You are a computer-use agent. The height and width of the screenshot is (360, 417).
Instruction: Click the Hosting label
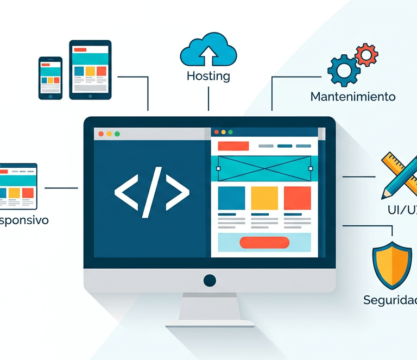click(x=208, y=76)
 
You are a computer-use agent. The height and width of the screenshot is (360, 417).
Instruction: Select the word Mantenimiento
click(x=353, y=97)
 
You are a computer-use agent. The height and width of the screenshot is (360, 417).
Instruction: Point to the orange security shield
click(x=391, y=264)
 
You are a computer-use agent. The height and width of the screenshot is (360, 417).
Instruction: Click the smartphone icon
click(x=50, y=78)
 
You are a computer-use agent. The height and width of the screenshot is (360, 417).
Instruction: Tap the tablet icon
click(x=90, y=70)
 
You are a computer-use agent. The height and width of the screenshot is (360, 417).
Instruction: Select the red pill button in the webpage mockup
click(x=264, y=243)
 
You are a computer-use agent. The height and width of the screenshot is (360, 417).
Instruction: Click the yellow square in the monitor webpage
click(x=264, y=198)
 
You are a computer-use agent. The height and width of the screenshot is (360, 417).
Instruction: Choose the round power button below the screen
click(x=210, y=280)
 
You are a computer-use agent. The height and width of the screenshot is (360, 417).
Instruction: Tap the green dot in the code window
click(x=117, y=134)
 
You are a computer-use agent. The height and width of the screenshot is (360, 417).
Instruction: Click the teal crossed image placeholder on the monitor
click(x=264, y=168)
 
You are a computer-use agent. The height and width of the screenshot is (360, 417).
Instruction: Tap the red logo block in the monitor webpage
click(x=233, y=146)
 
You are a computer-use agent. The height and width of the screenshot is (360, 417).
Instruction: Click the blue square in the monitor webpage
click(x=231, y=198)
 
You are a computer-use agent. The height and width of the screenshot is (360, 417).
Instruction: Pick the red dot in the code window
click(x=100, y=134)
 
